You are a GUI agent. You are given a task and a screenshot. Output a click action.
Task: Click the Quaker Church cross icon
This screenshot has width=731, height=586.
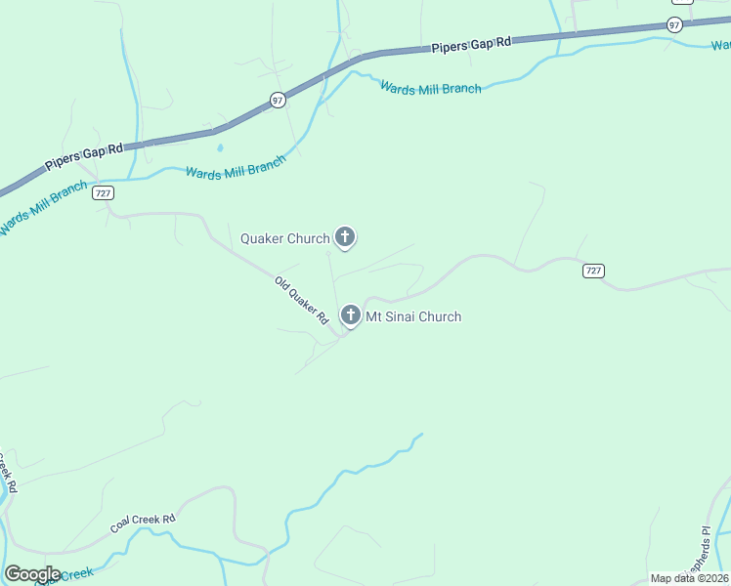[x=345, y=236]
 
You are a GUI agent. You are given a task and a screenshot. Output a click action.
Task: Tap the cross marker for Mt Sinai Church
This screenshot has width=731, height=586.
[x=351, y=315]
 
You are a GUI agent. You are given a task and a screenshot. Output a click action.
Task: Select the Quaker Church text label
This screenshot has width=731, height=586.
[x=285, y=238]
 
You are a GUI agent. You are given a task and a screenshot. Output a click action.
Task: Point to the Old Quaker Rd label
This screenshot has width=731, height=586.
[x=301, y=300]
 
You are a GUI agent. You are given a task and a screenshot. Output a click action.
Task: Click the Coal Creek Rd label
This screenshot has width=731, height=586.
[x=142, y=523]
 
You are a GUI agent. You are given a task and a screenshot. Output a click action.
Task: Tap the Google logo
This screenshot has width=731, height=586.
[x=32, y=574]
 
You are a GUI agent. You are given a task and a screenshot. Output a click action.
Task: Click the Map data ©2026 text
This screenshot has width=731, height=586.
[x=689, y=578]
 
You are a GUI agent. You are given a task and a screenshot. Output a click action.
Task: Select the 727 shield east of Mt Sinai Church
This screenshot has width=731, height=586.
[x=593, y=271]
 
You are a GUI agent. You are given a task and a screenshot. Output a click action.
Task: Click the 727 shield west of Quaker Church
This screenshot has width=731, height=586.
[x=104, y=193]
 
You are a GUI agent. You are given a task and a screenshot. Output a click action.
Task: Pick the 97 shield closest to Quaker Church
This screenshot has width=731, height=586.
[x=279, y=100]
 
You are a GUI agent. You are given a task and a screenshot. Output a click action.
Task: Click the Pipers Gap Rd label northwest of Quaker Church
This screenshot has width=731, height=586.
[x=84, y=156]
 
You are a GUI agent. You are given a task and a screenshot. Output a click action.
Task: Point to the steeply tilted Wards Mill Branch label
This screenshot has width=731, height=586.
[x=43, y=208]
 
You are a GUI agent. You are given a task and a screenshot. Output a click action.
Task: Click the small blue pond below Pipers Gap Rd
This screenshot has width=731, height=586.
[x=220, y=148]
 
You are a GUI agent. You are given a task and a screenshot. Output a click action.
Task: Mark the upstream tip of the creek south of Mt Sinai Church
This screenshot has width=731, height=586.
[x=422, y=435]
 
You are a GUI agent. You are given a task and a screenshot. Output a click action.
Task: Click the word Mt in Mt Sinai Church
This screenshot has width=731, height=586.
[x=374, y=316]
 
